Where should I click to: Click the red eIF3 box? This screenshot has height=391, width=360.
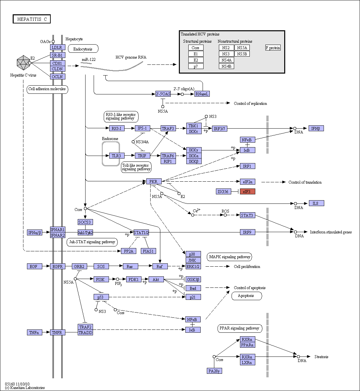click(247, 191)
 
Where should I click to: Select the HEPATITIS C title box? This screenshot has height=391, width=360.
click(32, 19)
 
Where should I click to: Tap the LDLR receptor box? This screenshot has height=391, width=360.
click(58, 47)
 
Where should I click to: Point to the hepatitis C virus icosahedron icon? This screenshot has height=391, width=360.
click(23, 63)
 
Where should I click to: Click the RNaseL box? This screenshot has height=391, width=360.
click(202, 94)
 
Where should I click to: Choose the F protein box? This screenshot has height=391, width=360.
click(273, 48)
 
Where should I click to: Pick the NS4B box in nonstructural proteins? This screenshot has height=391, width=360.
click(226, 66)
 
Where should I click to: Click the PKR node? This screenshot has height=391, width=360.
click(154, 181)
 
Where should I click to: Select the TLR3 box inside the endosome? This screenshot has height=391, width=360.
click(117, 156)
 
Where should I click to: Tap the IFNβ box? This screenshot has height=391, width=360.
click(316, 128)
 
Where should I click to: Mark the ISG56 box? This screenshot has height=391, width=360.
click(223, 191)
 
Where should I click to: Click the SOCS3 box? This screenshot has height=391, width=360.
click(85, 222)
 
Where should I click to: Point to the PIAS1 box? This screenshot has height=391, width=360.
click(148, 251)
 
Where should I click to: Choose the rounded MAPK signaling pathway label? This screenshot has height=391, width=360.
click(229, 257)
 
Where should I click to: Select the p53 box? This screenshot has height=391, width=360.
click(101, 297)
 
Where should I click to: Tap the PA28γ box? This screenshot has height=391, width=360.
click(214, 371)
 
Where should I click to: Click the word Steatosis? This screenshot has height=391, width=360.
click(321, 357)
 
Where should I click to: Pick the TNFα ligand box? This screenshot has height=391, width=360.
click(34, 332)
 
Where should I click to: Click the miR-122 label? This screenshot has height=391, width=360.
click(88, 60)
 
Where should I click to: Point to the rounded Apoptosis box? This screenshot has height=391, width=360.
click(247, 296)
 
